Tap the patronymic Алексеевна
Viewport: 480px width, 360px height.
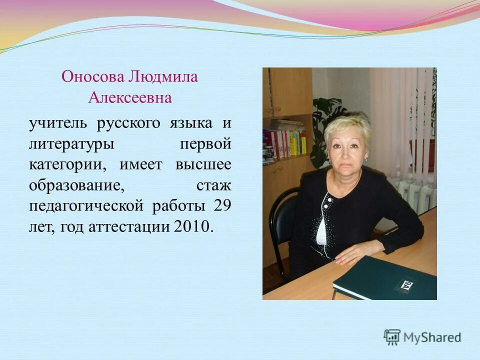pyautogui.click(x=129, y=97)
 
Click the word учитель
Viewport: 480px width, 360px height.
pyautogui.click(x=58, y=122)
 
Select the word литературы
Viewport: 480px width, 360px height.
pyautogui.click(x=71, y=145)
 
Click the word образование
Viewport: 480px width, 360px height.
pyautogui.click(x=75, y=186)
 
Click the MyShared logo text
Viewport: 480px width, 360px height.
pyautogui.click(x=432, y=337)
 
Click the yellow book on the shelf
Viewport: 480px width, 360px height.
pyautogui.click(x=303, y=143)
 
